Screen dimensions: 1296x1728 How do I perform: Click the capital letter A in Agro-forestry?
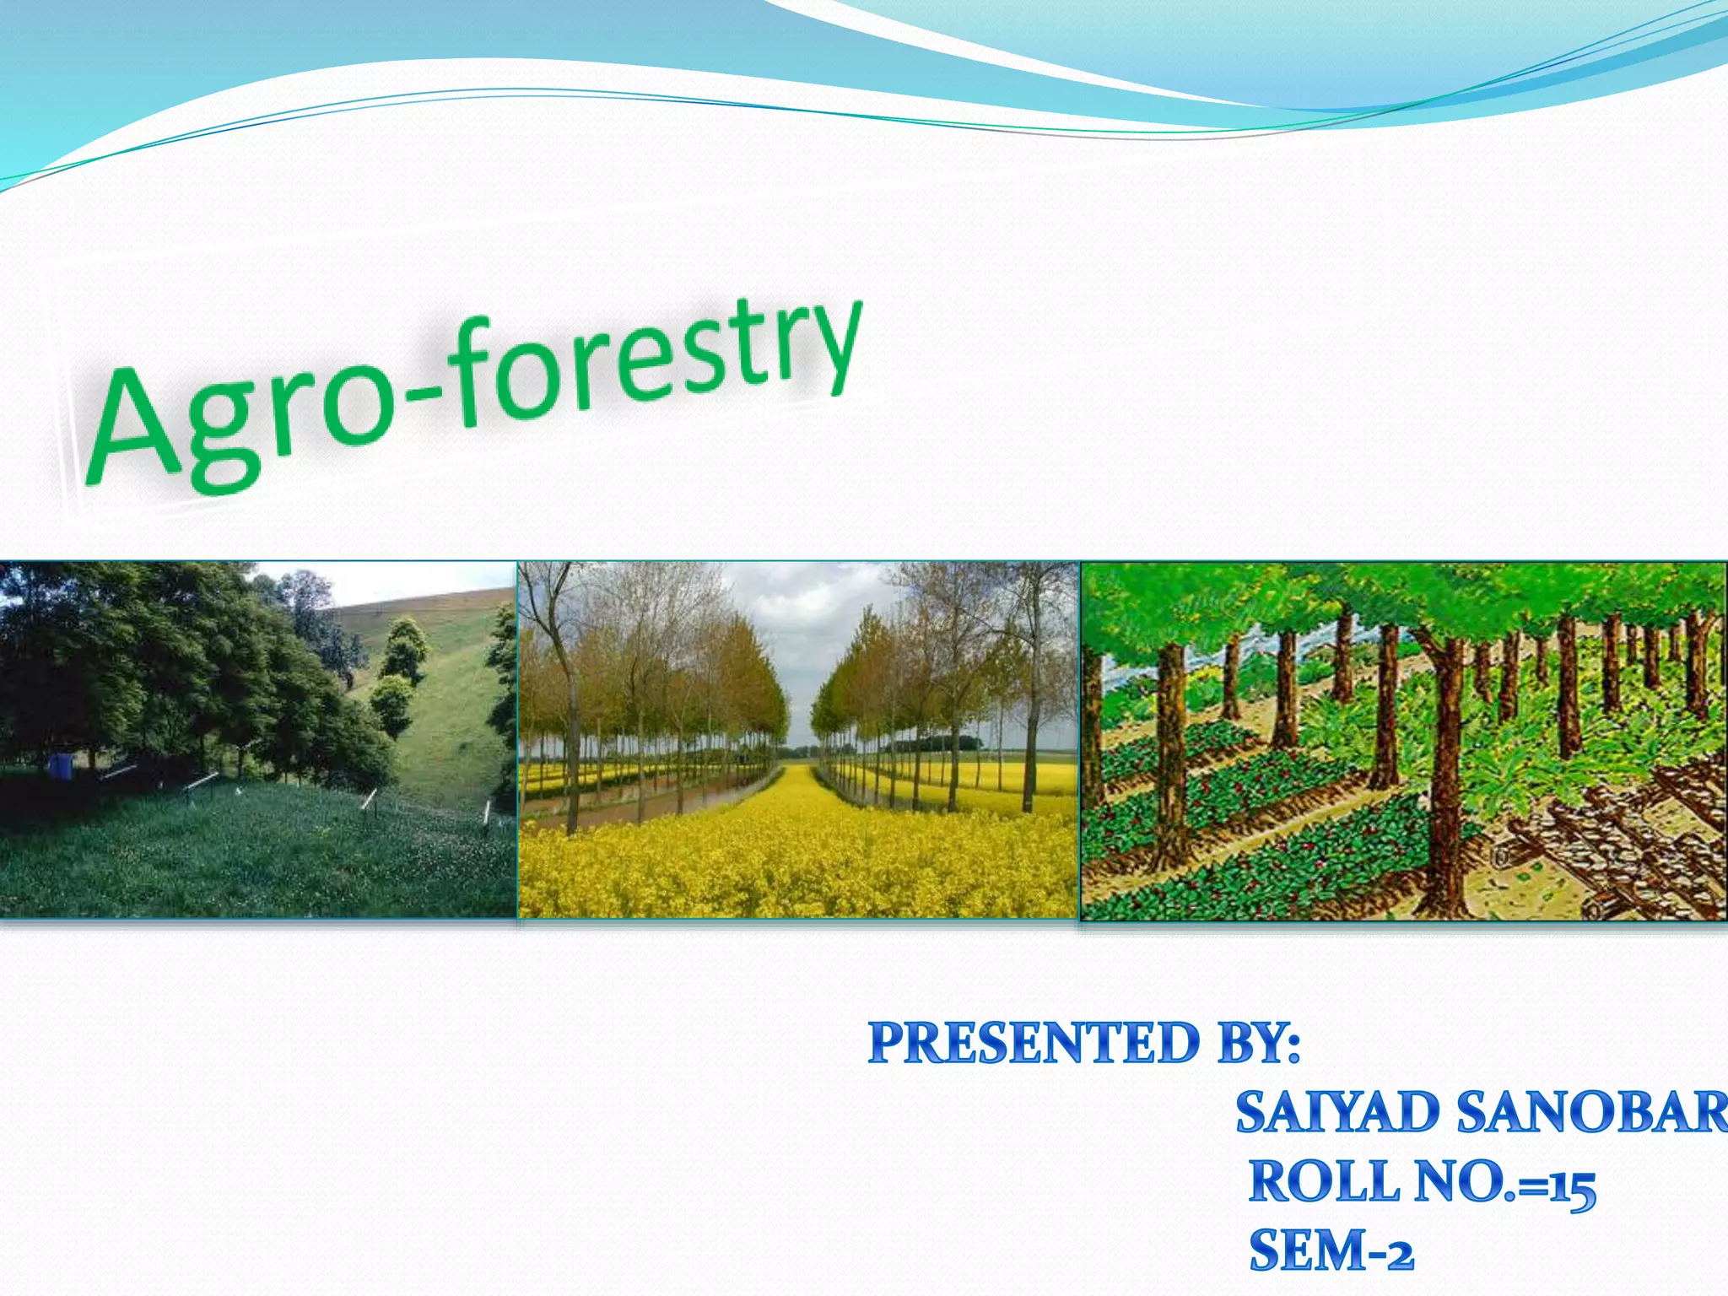[135, 426]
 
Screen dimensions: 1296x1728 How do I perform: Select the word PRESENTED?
[1034, 1043]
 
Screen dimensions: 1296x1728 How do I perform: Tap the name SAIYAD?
[1337, 1112]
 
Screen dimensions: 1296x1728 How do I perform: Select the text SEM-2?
[1331, 1250]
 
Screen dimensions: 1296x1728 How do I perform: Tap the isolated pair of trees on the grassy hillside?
[397, 675]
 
